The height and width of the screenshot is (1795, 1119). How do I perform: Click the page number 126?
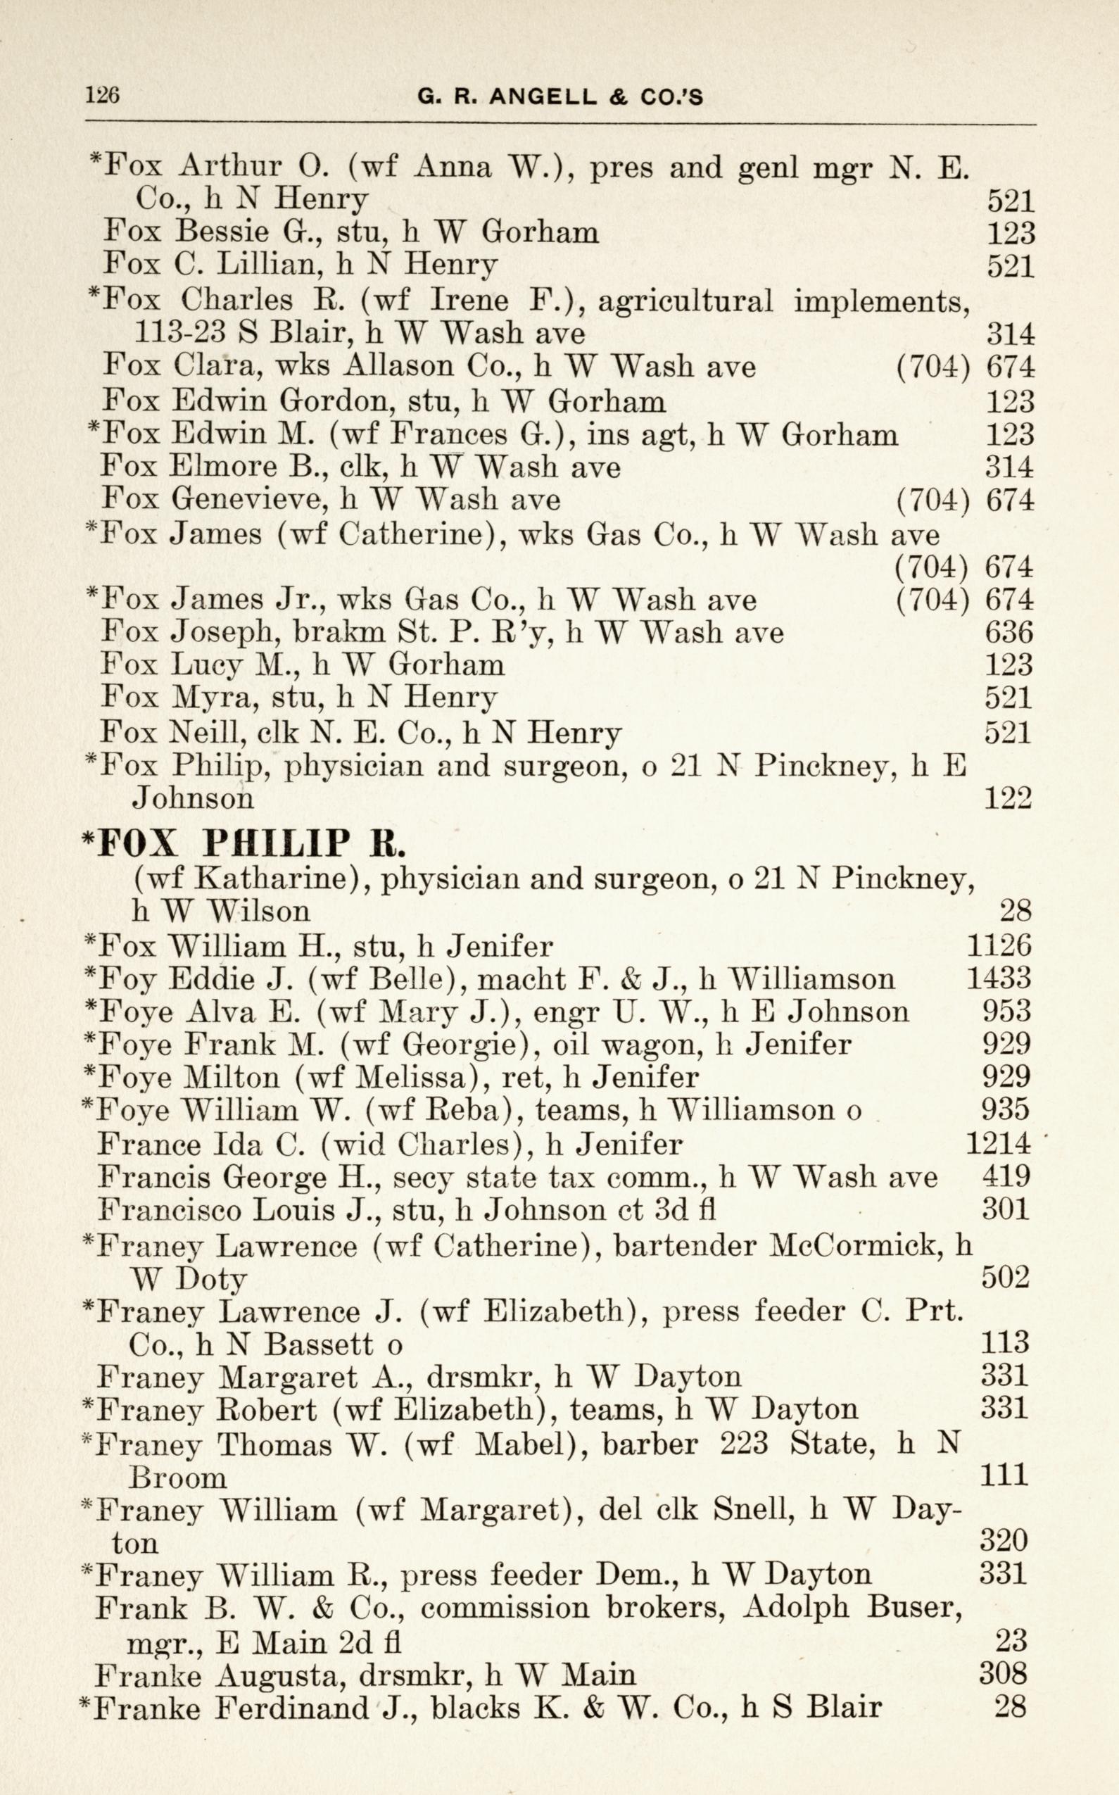tap(103, 96)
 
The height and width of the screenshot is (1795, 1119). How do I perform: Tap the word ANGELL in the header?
tap(543, 97)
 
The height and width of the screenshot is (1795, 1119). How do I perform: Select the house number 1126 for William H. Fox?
tap(999, 946)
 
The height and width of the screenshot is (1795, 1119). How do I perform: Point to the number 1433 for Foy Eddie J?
tap(999, 978)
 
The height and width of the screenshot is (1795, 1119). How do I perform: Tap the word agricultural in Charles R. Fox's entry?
tap(685, 301)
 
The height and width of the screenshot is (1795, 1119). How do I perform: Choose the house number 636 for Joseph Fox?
tap(1009, 632)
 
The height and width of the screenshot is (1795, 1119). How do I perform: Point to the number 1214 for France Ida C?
tap(998, 1144)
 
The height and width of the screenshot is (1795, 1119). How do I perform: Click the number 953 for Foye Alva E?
tap(1006, 1011)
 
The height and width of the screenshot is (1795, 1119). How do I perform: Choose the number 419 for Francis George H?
tap(1006, 1176)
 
